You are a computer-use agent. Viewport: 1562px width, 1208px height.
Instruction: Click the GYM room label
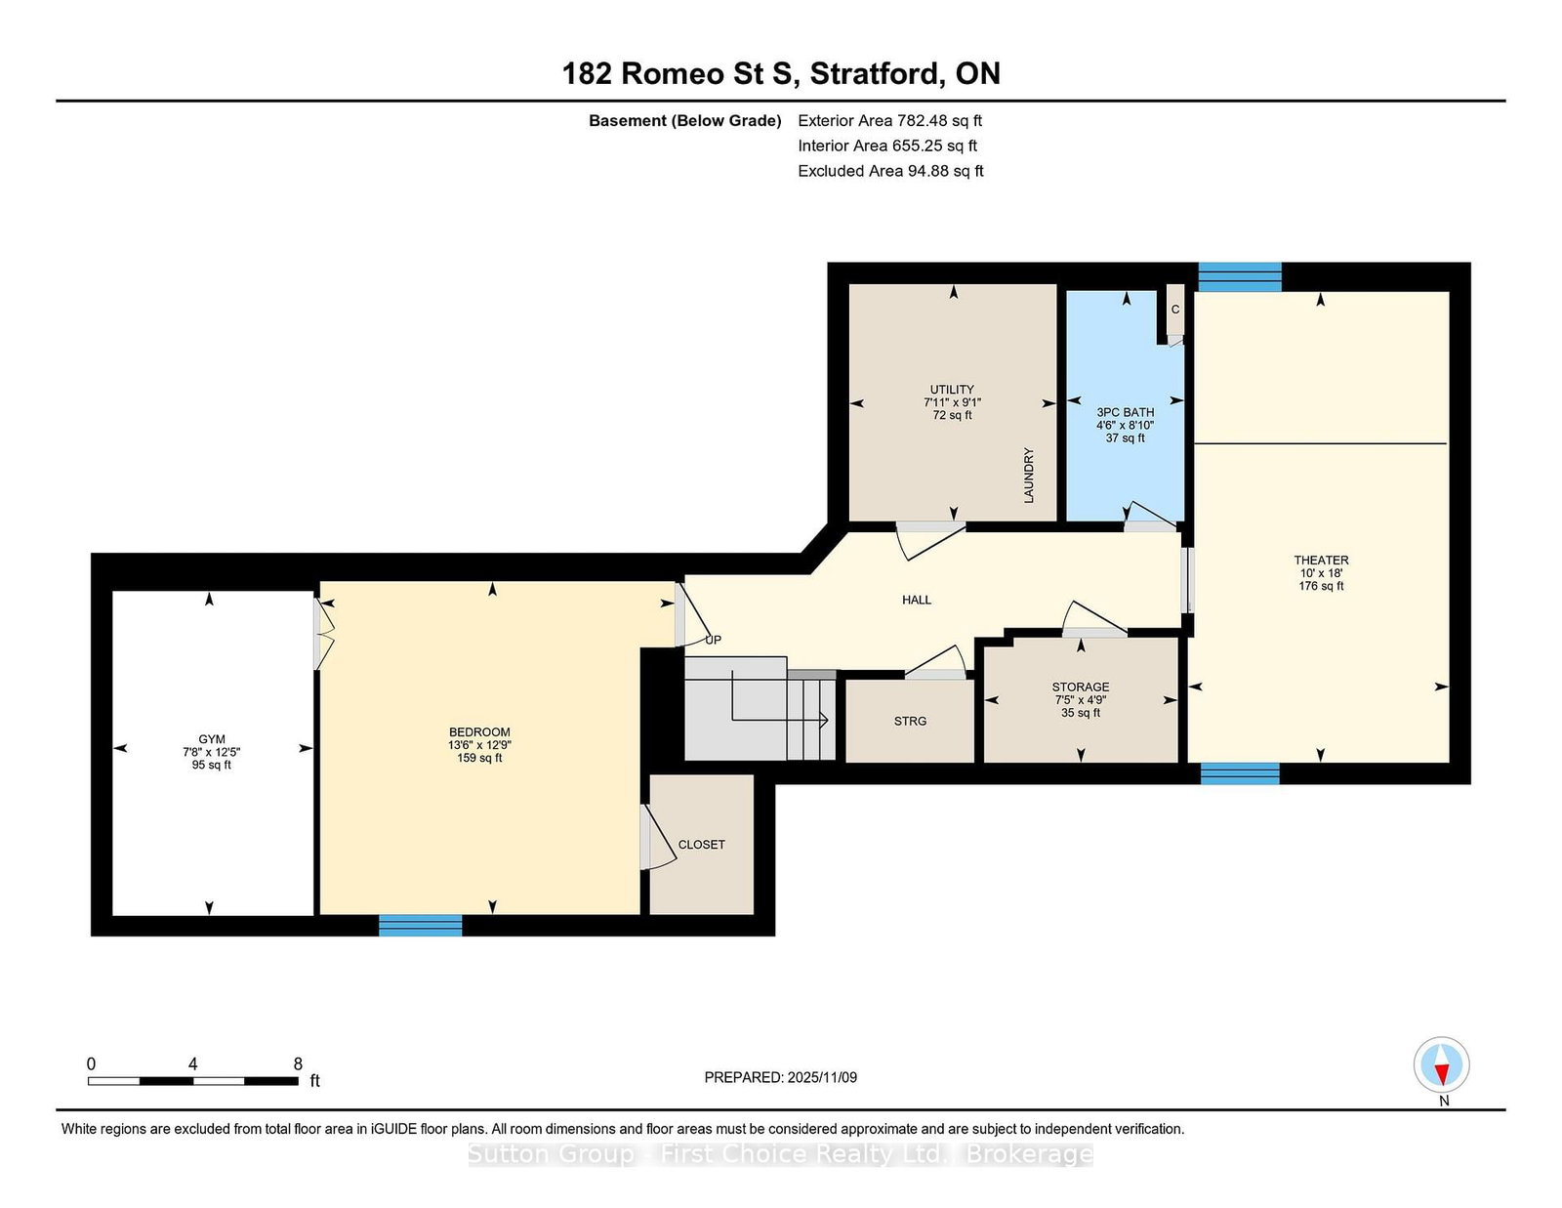point(211,739)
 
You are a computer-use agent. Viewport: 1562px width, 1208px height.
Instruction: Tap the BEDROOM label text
point(479,732)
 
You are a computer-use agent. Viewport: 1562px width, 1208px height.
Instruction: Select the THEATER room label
point(1321,561)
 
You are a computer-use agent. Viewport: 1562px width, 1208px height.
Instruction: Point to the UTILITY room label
point(953,390)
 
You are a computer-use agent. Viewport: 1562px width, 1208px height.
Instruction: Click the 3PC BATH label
point(1126,413)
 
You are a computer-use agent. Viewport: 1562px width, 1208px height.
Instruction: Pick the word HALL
point(917,600)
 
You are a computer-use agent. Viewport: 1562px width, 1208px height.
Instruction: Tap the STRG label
point(910,722)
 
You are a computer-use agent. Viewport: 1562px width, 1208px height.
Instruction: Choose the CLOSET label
point(702,845)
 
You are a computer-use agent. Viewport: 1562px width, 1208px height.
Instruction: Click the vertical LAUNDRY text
point(1029,476)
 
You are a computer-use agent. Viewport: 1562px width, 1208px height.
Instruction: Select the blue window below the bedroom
point(421,926)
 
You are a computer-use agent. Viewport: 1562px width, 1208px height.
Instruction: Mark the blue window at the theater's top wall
point(1240,276)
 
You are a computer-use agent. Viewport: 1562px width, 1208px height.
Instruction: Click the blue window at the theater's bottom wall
point(1240,773)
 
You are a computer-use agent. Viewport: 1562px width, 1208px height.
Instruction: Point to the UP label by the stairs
point(713,640)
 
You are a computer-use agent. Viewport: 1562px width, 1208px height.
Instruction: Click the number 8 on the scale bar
point(298,1064)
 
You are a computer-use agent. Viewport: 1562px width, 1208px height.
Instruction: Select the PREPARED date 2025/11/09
point(822,1078)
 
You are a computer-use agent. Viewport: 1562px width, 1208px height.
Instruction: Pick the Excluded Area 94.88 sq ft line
point(890,171)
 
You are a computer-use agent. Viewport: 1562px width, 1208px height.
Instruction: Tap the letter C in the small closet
point(1175,310)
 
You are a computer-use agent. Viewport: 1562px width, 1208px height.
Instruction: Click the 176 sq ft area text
point(1321,587)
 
